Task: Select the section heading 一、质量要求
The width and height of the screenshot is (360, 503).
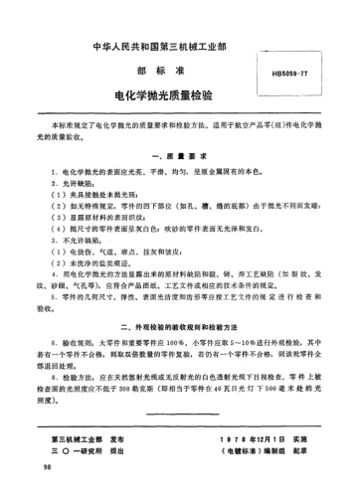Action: (180, 158)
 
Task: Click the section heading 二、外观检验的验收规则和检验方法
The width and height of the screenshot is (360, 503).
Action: (180, 325)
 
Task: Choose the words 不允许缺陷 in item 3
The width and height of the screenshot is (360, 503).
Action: (72, 243)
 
